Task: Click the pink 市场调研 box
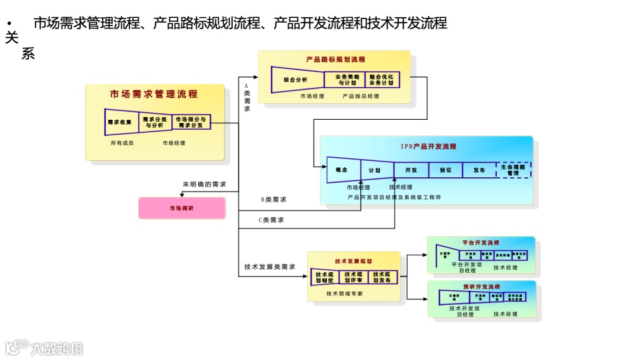coord(182,208)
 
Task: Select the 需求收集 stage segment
coord(120,122)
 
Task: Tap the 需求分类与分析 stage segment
coord(154,122)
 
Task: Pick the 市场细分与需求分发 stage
coord(191,122)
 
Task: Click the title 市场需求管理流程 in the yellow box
coord(154,94)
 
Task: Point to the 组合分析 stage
coord(295,79)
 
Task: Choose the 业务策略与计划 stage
coord(347,79)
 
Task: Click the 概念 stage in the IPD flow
coord(342,170)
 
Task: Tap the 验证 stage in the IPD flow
coord(446,170)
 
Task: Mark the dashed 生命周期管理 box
coord(513,170)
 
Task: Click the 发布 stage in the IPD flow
coord(479,170)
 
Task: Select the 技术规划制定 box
coord(325,277)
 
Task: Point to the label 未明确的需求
coord(204,184)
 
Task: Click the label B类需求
coord(274,200)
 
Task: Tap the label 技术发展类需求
coord(269,267)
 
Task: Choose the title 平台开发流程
coord(481,243)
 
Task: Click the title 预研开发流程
coord(481,286)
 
